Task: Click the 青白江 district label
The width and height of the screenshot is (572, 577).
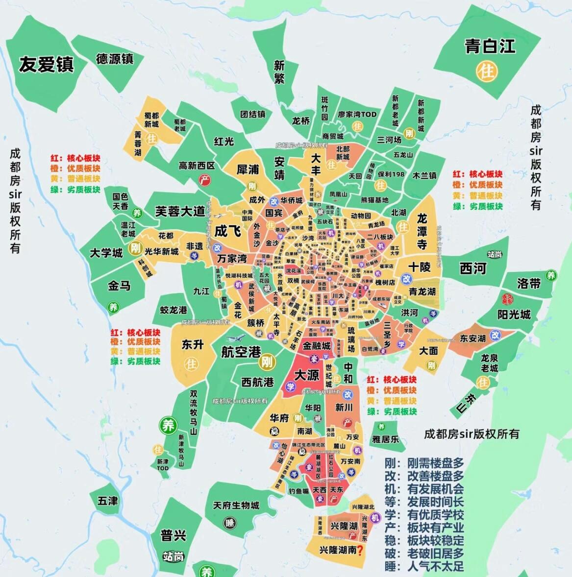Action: [x=490, y=47]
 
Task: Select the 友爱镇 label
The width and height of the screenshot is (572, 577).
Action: [x=46, y=64]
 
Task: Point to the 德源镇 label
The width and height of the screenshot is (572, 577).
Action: [x=115, y=59]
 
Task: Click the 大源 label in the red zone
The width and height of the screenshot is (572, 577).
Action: [x=306, y=375]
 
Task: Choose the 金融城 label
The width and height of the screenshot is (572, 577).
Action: [x=317, y=346]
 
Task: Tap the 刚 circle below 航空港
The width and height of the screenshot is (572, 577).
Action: [x=267, y=362]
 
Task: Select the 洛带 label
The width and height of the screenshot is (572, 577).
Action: [x=528, y=283]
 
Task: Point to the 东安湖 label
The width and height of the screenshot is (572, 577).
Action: [x=473, y=338]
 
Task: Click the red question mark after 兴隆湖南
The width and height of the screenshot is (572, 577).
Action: [x=360, y=551]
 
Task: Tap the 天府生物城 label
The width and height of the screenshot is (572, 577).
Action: [x=236, y=505]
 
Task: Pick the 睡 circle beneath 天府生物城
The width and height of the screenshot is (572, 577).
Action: [x=229, y=523]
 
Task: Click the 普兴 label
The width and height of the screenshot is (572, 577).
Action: [x=173, y=535]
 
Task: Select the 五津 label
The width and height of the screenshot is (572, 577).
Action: [x=107, y=501]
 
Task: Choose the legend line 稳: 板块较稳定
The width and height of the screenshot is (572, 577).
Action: [x=424, y=541]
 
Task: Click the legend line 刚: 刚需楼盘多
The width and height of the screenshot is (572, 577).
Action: [x=424, y=463]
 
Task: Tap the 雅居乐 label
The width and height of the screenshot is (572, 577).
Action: [x=385, y=439]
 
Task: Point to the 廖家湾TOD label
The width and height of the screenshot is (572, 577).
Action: [x=357, y=114]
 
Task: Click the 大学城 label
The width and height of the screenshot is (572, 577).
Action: [x=106, y=253]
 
